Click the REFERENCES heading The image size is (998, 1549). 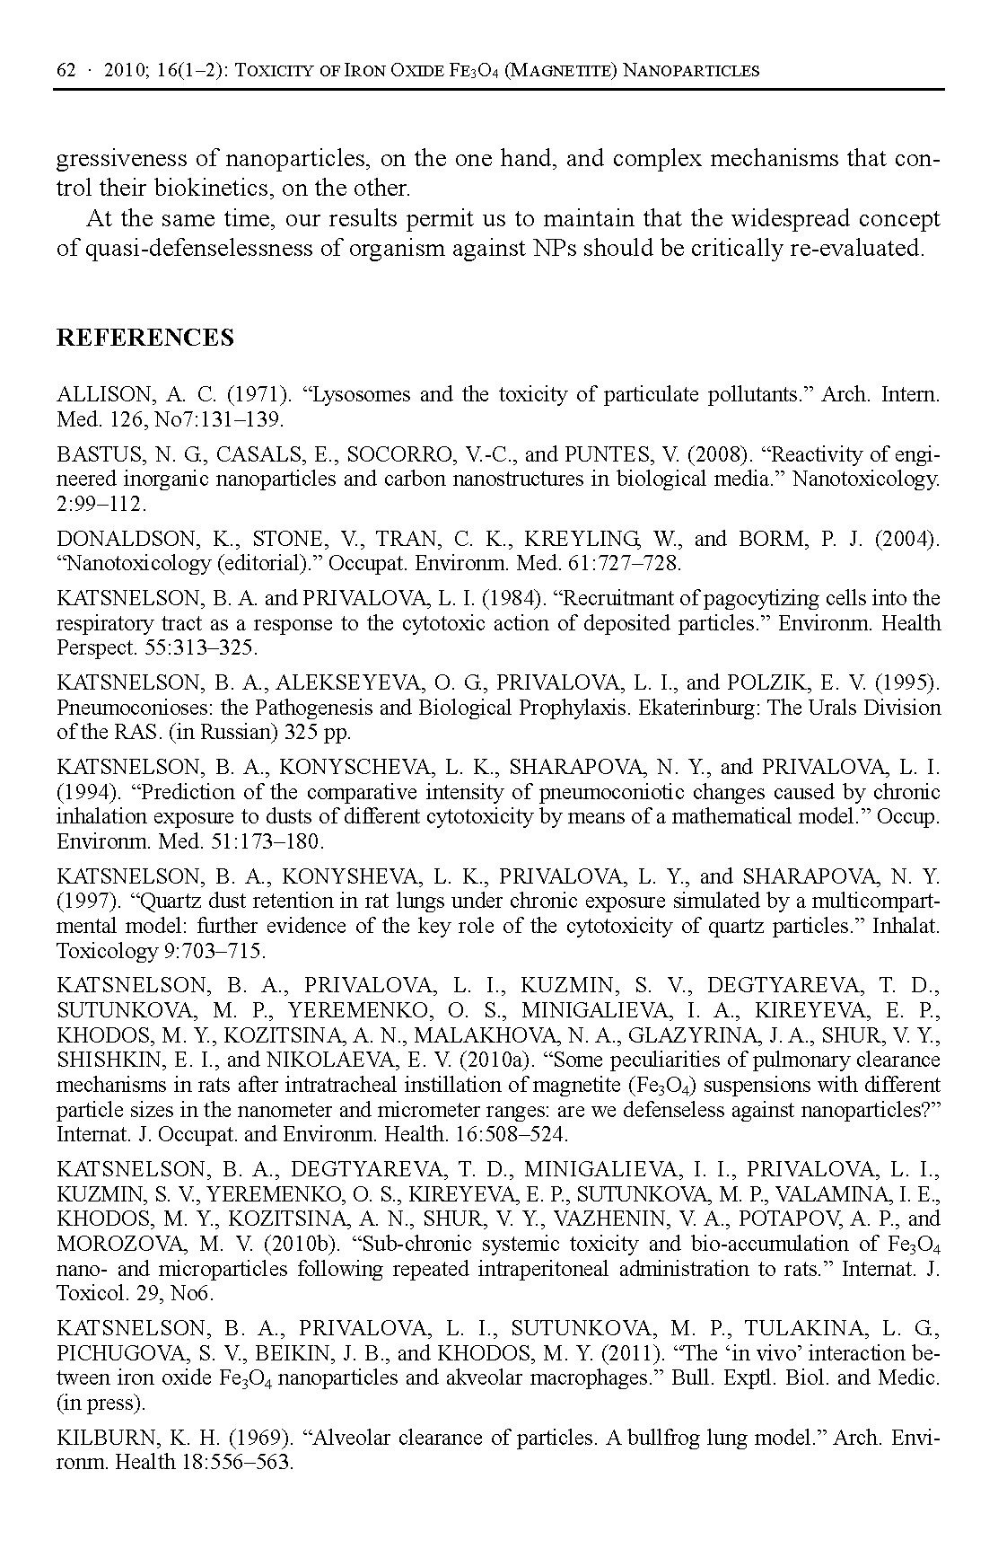tap(144, 338)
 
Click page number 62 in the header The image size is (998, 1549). tap(66, 71)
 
